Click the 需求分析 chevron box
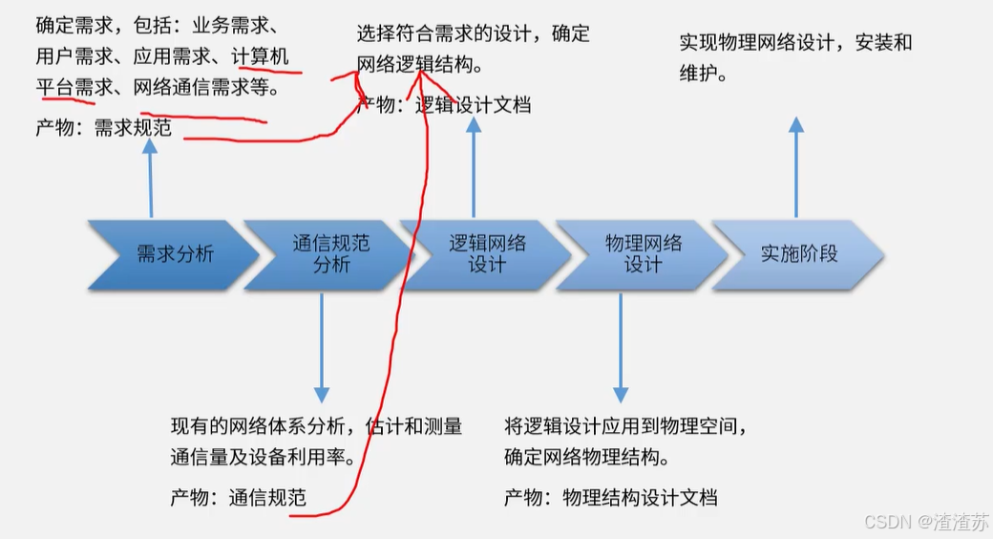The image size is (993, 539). [x=173, y=254]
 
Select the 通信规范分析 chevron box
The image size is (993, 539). [x=329, y=254]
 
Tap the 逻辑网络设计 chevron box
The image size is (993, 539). [x=486, y=254]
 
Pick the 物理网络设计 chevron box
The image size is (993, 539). [x=643, y=254]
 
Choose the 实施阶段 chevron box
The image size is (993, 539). [x=798, y=254]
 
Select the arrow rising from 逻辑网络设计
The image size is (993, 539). [x=474, y=167]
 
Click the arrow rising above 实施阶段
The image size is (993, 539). [x=796, y=167]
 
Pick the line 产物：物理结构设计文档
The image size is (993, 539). [x=610, y=497]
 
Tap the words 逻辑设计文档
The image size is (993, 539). [x=473, y=105]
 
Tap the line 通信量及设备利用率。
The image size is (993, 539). [x=264, y=456]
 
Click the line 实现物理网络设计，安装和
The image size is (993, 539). [x=795, y=42]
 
